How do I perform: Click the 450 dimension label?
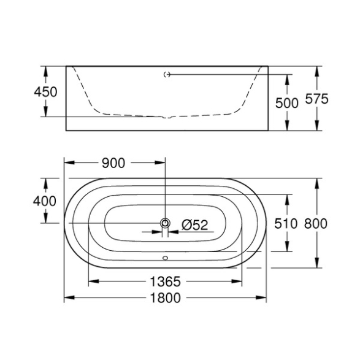tap(45, 92)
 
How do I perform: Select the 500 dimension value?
tap(287, 103)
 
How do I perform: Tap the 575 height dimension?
tap(317, 99)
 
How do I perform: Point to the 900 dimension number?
tap(113, 163)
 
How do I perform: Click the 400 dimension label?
tap(45, 201)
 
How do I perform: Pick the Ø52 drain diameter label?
tap(194, 225)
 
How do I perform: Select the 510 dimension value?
tap(286, 224)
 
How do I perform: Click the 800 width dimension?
tap(316, 224)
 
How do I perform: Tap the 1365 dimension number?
tap(166, 281)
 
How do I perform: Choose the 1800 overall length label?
tap(166, 298)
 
